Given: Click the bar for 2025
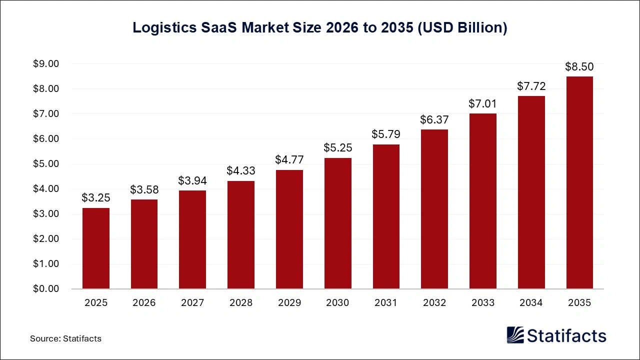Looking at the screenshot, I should pyautogui.click(x=96, y=248).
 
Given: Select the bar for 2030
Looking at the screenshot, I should pyautogui.click(x=337, y=223).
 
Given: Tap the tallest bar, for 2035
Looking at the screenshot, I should pyautogui.click(x=579, y=182).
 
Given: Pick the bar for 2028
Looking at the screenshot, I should pyautogui.click(x=241, y=235).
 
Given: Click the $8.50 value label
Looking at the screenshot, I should pyautogui.click(x=579, y=67).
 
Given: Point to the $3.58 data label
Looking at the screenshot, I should pyautogui.click(x=144, y=190).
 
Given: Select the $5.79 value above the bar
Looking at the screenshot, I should pyautogui.click(x=385, y=134).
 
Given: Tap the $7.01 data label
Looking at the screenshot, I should pyautogui.click(x=482, y=104).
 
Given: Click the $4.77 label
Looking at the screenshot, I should pyautogui.click(x=289, y=160).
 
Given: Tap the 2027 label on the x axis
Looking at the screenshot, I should pyautogui.click(x=192, y=303).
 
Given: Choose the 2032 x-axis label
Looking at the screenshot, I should pyautogui.click(x=434, y=303).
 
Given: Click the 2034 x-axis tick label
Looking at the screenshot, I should pyautogui.click(x=530, y=303).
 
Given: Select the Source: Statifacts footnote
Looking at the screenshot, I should pyautogui.click(x=65, y=338).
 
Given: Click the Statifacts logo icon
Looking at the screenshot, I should pyautogui.click(x=515, y=335).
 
